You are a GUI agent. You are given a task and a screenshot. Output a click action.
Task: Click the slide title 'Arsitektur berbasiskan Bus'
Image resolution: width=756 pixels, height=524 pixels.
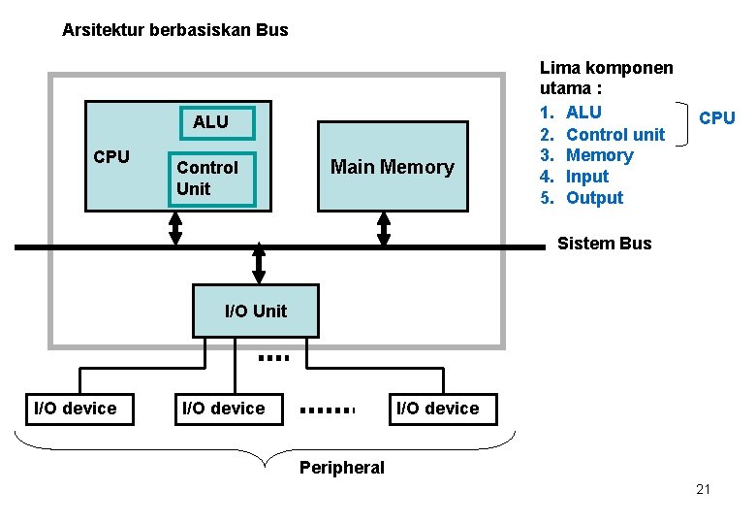[174, 30]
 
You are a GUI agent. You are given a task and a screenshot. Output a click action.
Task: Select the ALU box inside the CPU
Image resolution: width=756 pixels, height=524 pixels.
[210, 122]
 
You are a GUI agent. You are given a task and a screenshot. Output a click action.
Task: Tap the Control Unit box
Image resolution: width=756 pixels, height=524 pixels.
[211, 179]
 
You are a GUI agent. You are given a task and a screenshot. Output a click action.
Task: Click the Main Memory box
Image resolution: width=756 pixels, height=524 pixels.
[393, 166]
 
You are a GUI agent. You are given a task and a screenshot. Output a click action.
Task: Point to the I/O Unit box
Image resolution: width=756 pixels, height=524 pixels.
[255, 311]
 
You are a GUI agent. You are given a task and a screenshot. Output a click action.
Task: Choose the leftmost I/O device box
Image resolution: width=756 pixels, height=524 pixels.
[76, 409]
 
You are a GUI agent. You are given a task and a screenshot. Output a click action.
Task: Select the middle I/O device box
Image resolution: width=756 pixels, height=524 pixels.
[224, 409]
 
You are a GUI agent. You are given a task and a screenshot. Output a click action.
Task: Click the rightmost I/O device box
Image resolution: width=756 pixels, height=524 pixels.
[438, 409]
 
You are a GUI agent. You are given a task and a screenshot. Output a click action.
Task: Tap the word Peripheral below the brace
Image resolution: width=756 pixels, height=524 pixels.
[341, 468]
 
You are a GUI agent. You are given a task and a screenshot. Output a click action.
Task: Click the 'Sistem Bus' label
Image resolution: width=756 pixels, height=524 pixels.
[604, 244]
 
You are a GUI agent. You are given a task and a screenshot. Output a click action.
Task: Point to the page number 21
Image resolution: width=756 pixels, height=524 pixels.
[703, 489]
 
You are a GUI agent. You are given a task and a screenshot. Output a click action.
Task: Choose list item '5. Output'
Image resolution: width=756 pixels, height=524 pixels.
[582, 198]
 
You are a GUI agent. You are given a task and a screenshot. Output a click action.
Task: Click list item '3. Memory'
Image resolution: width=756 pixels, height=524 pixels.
[586, 155]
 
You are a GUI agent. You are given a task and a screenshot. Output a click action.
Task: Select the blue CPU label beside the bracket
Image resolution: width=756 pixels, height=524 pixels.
[716, 118]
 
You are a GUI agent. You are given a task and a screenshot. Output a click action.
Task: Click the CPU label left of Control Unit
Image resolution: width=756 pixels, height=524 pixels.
[111, 156]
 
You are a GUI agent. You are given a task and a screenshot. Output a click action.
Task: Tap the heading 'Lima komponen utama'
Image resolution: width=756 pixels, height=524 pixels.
[606, 79]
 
